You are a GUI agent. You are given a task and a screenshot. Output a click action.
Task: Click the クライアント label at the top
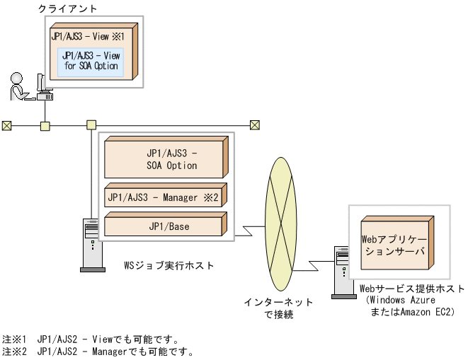(68, 8)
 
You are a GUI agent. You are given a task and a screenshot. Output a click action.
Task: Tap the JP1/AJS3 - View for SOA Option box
(91, 61)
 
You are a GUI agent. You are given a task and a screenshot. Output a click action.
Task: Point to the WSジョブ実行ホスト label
(169, 265)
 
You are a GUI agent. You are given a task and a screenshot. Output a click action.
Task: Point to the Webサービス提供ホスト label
(411, 289)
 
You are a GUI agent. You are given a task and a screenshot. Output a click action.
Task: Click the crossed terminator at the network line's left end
(7, 126)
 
